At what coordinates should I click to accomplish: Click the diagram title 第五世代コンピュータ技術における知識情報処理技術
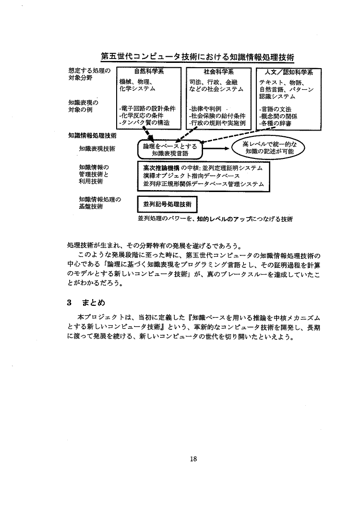(197, 57)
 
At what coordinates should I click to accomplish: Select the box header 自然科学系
(149, 72)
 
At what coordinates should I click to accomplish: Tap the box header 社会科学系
(219, 72)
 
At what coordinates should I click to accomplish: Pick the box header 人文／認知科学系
(288, 72)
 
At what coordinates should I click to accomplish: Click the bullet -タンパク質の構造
(144, 122)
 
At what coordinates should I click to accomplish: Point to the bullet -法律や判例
(205, 109)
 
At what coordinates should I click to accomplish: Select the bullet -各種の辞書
(275, 123)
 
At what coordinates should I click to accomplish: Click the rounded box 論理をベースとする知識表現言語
(170, 150)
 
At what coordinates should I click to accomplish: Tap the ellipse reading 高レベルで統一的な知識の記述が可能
(268, 147)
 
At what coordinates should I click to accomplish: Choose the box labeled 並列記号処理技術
(167, 204)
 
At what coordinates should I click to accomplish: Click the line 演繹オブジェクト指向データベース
(192, 176)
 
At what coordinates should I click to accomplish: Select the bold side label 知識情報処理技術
(92, 136)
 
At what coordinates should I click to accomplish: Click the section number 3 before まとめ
(69, 303)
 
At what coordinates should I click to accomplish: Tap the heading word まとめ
(93, 303)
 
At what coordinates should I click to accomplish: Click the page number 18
(193, 458)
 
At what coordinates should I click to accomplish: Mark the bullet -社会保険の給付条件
(217, 116)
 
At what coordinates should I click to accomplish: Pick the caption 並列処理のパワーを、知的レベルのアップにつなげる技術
(215, 219)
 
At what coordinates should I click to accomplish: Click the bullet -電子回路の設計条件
(147, 109)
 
